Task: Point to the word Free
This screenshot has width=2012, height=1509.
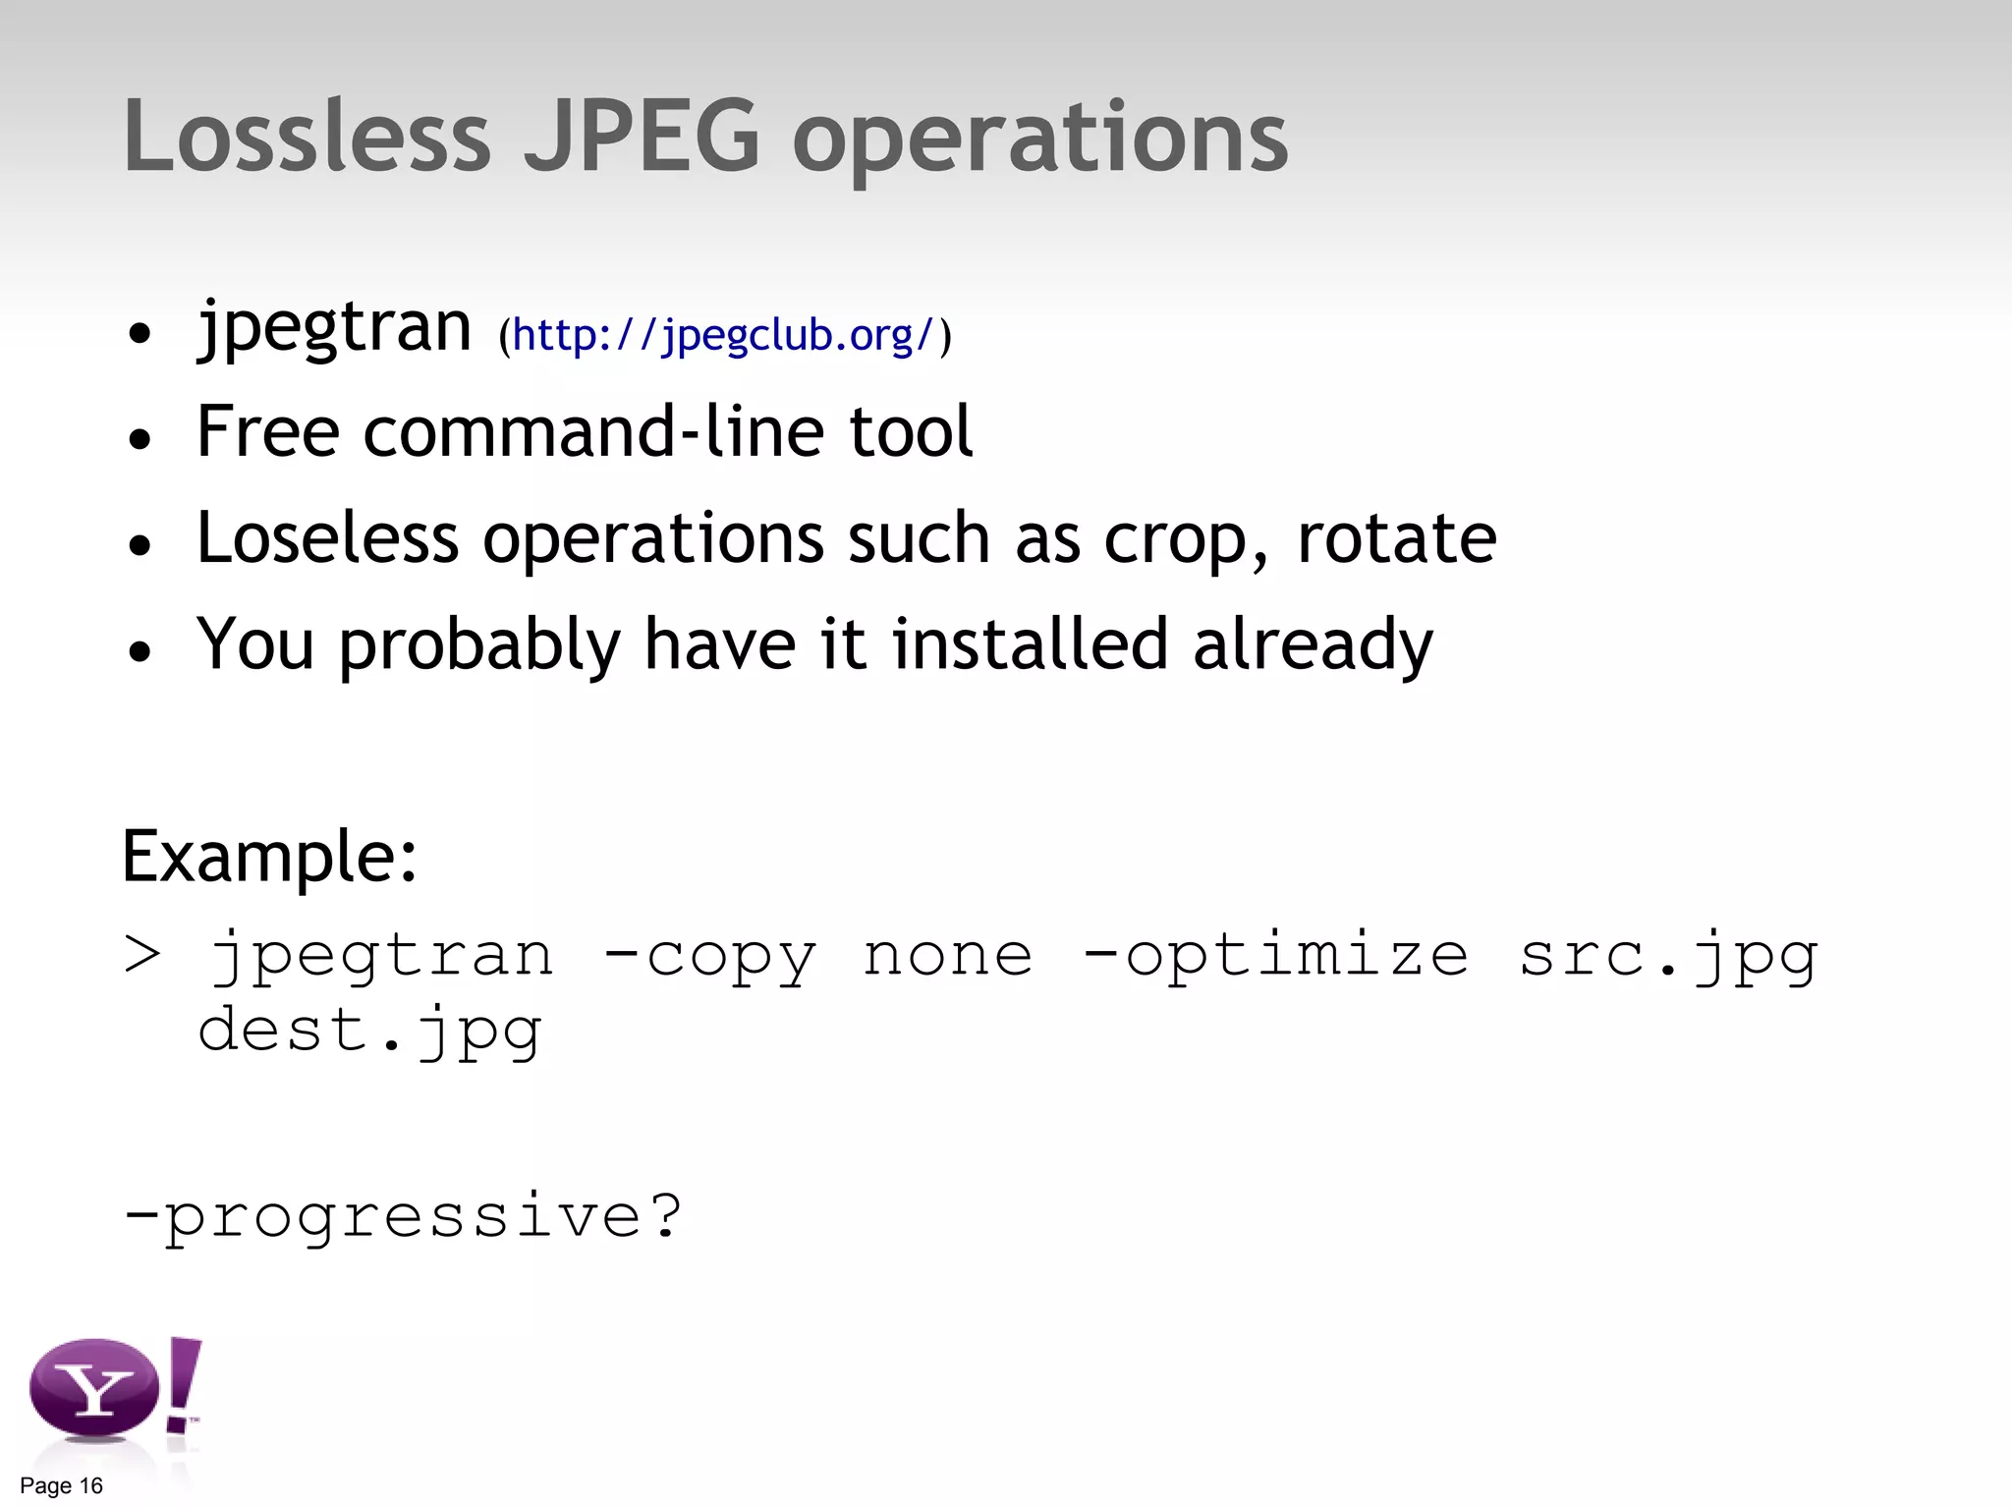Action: (x=267, y=431)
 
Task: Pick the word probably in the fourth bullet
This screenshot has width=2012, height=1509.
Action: (x=479, y=645)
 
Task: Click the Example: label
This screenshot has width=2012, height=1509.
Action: (x=270, y=857)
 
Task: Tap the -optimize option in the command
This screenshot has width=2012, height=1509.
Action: (x=1275, y=956)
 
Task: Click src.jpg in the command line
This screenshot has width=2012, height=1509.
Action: (x=1668, y=956)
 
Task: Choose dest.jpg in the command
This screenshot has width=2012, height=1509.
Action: (x=369, y=1031)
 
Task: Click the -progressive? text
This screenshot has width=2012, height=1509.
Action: (x=403, y=1216)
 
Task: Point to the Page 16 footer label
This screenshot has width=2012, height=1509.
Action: (x=61, y=1485)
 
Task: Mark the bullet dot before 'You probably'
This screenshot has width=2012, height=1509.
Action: (x=140, y=650)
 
